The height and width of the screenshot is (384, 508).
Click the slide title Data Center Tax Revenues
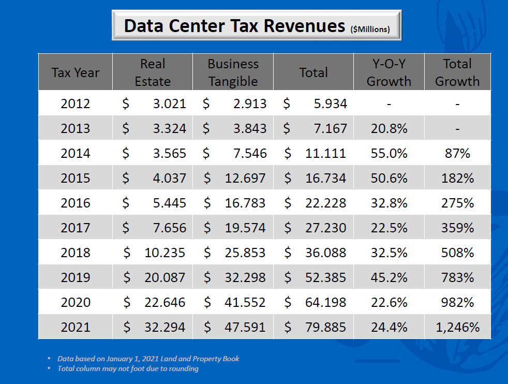coord(234,25)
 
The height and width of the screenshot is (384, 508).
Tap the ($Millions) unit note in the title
coord(370,29)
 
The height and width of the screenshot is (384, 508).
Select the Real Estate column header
coord(153,72)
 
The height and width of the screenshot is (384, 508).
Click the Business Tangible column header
coord(233,72)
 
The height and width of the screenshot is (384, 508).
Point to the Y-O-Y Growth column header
coord(389,72)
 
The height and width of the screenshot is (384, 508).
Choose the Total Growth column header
coord(457,72)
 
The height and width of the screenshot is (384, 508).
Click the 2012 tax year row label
coord(76,104)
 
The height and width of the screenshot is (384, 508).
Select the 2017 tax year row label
coord(76,228)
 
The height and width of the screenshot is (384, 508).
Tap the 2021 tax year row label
coord(76,328)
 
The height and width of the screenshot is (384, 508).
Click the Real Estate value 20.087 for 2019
coord(165,278)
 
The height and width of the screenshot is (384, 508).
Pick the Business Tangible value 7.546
coord(250,154)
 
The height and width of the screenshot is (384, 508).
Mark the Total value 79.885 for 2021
coord(325,328)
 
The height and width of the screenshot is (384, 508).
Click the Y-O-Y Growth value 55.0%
coord(389,154)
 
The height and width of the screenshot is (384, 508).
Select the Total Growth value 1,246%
coord(457,328)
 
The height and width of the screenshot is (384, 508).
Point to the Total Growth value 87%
coord(457,154)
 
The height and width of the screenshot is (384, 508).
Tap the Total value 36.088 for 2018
coord(325,253)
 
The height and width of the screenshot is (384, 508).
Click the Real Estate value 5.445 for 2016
coord(169,203)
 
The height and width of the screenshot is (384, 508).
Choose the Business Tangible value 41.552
coord(245,303)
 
